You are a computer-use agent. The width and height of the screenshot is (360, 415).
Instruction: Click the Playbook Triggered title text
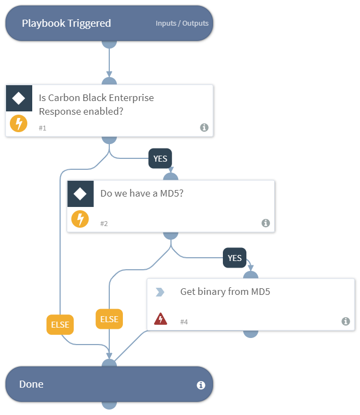pyautogui.click(x=66, y=23)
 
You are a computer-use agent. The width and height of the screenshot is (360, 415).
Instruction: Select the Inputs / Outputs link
pyautogui.click(x=182, y=23)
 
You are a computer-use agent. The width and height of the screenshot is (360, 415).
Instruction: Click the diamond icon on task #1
pyautogui.click(x=19, y=98)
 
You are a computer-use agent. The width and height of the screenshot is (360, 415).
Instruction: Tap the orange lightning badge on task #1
pyautogui.click(x=19, y=123)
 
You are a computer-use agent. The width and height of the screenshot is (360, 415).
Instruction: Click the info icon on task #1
pyautogui.click(x=204, y=127)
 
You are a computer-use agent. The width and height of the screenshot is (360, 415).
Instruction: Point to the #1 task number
pyautogui.click(x=43, y=128)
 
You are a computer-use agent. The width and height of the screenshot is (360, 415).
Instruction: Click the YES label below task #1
pyautogui.click(x=160, y=159)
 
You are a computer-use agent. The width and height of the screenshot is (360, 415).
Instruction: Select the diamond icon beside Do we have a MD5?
pyautogui.click(x=80, y=194)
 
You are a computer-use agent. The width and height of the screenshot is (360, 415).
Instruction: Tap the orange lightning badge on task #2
pyautogui.click(x=80, y=220)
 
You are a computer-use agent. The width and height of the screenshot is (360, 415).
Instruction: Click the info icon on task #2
pyautogui.click(x=265, y=223)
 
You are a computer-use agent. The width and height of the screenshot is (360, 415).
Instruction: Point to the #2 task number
pyautogui.click(x=104, y=223)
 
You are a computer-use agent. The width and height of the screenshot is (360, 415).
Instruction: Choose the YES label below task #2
pyautogui.click(x=234, y=258)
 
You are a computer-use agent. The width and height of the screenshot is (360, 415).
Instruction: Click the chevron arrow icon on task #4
pyautogui.click(x=160, y=292)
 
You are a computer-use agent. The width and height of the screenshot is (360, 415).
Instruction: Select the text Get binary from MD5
pyautogui.click(x=225, y=292)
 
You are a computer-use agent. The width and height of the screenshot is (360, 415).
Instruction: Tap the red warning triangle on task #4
pyautogui.click(x=160, y=319)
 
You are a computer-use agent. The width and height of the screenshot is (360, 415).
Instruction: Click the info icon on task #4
pyautogui.click(x=345, y=321)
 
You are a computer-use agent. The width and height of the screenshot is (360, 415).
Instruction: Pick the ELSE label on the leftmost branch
pyautogui.click(x=60, y=324)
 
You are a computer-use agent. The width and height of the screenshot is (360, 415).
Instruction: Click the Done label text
pyautogui.click(x=31, y=384)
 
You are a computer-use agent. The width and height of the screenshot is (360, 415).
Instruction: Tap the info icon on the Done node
pyautogui.click(x=200, y=385)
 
